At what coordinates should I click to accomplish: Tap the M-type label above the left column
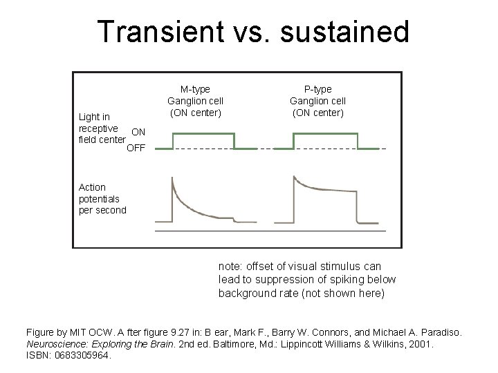tap(195, 89)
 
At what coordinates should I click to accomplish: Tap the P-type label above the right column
tap(318, 89)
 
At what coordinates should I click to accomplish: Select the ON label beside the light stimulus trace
tap(138, 132)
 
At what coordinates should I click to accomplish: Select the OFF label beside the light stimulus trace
tap(136, 147)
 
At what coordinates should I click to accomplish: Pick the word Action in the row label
tap(93, 187)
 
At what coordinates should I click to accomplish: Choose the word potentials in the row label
tap(99, 199)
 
